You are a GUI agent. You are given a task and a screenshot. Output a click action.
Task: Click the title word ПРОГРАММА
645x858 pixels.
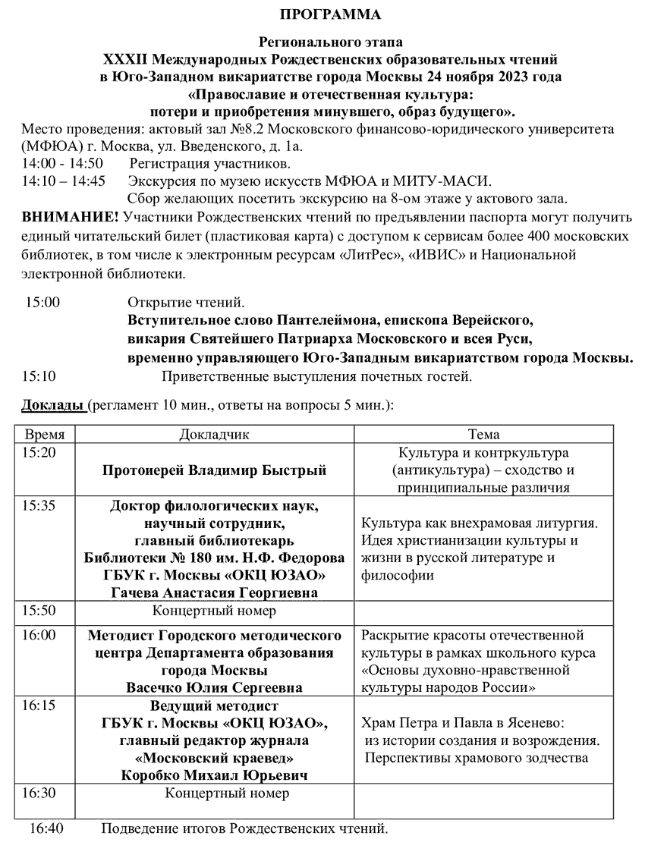point(331,14)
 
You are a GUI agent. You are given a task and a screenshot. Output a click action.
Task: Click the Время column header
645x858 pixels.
point(45,435)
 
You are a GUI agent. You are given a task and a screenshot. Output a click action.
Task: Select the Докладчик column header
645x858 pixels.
point(214,435)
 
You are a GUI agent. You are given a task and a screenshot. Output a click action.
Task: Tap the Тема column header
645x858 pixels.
point(483,435)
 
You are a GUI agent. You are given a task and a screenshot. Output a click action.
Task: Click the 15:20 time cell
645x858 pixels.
point(39,453)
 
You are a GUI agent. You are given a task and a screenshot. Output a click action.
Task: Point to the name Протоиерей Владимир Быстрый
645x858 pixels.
point(215,470)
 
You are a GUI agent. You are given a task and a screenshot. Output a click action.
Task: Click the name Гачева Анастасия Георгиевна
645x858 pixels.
point(215,592)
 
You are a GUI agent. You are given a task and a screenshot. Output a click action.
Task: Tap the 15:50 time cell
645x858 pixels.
point(39,610)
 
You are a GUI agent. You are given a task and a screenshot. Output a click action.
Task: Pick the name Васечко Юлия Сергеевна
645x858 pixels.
point(215,688)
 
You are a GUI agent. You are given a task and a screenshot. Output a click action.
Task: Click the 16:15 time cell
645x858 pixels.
point(39,705)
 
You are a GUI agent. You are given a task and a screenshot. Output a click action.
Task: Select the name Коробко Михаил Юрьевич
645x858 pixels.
point(215,775)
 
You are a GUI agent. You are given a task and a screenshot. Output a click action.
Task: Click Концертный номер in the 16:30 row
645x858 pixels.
point(227,794)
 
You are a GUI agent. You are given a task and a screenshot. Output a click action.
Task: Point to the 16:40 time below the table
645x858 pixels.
point(46,828)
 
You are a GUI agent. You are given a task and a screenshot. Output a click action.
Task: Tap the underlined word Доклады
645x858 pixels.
point(52,405)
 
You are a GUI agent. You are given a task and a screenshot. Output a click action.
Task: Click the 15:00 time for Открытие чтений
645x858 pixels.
point(42,302)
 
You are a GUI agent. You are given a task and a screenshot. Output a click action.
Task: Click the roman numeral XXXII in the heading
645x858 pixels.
point(128,58)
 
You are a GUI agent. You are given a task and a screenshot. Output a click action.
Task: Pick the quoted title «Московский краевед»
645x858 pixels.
point(215,758)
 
